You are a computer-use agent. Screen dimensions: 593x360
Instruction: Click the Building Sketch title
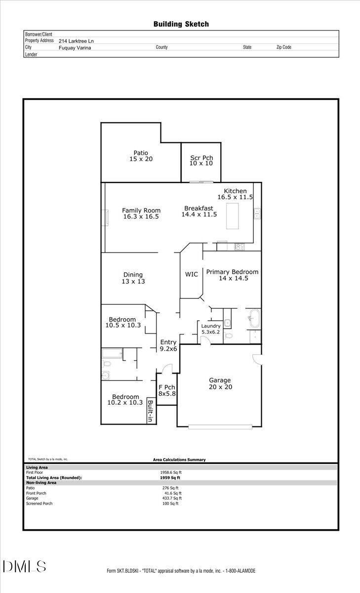tap(181, 24)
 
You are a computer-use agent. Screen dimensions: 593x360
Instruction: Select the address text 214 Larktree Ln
tap(76, 41)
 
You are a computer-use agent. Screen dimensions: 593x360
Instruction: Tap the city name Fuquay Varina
tap(75, 47)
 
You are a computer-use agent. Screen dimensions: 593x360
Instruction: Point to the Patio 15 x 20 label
tap(141, 156)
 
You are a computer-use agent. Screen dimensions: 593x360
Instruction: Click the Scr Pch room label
tap(201, 161)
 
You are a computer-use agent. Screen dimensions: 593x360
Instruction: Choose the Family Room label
tap(141, 213)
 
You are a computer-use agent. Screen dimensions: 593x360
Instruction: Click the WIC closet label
tap(192, 274)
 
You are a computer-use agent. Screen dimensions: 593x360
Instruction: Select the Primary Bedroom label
tap(232, 275)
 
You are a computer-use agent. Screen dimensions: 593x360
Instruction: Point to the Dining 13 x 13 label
tap(133, 278)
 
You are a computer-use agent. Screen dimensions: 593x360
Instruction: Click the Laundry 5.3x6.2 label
tap(211, 329)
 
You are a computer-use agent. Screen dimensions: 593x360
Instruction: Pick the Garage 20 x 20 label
tap(220, 383)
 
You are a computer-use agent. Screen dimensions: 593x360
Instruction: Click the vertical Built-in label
tap(151, 411)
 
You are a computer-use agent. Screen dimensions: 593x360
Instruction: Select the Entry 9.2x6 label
tap(168, 345)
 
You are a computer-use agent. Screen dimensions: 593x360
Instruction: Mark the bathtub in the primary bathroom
tap(254, 318)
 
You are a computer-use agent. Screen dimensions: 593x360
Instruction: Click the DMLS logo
tap(25, 566)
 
